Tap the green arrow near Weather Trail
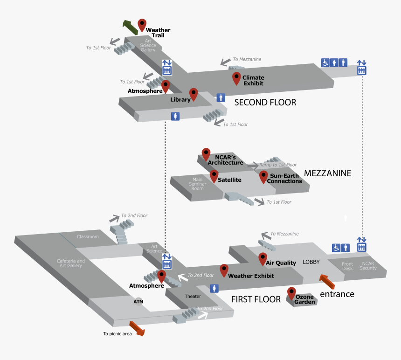[x=130, y=27]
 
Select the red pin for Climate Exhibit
[x=236, y=77]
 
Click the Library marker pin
[x=194, y=94]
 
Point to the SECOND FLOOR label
[x=265, y=103]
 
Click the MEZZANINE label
[x=327, y=173]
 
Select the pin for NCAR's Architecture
[x=206, y=154]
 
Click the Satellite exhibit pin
[x=214, y=175]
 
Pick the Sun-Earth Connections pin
[x=264, y=176]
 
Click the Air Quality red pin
[x=263, y=258]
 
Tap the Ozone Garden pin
[x=292, y=293]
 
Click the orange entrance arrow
[x=327, y=282]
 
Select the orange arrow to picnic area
[x=137, y=328]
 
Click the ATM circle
[x=138, y=302]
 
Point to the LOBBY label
[x=311, y=262]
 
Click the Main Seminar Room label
[x=198, y=183]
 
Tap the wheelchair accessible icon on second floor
[x=325, y=62]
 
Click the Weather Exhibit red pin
[x=224, y=270]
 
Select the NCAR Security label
[x=368, y=266]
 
